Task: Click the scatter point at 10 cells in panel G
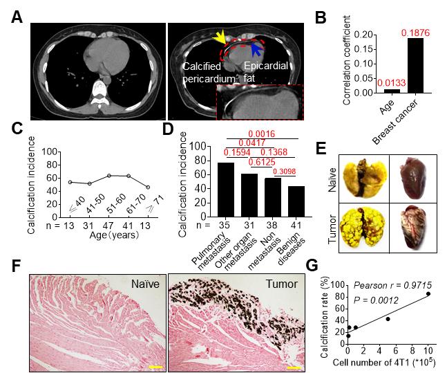429,293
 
